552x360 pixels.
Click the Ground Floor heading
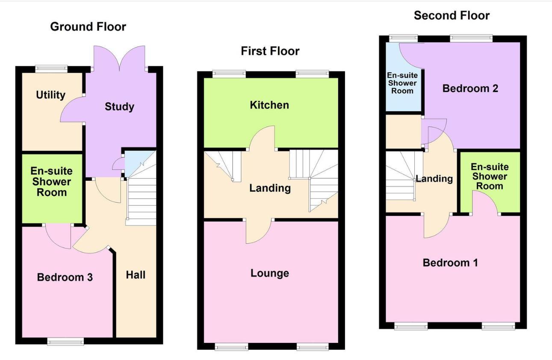pyautogui.click(x=88, y=27)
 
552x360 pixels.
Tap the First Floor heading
pyautogui.click(x=270, y=51)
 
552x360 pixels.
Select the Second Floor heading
pyautogui.click(x=452, y=16)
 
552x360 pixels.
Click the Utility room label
pyautogui.click(x=51, y=95)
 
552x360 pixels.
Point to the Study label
pyautogui.click(x=119, y=106)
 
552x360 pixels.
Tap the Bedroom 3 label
pyautogui.click(x=65, y=277)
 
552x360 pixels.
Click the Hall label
pyautogui.click(x=136, y=274)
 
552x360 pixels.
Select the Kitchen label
pyautogui.click(x=269, y=105)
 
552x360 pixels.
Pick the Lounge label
pyautogui.click(x=269, y=273)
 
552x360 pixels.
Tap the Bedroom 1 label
pyautogui.click(x=450, y=263)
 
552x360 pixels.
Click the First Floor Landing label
pyautogui.click(x=270, y=188)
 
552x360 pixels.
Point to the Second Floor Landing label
pyautogui.click(x=434, y=179)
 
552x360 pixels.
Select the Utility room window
pyautogui.click(x=51, y=68)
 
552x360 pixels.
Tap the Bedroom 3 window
pyautogui.click(x=65, y=341)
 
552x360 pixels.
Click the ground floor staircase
pyautogui.click(x=141, y=201)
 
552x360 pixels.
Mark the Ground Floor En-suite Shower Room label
pyautogui.click(x=51, y=182)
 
